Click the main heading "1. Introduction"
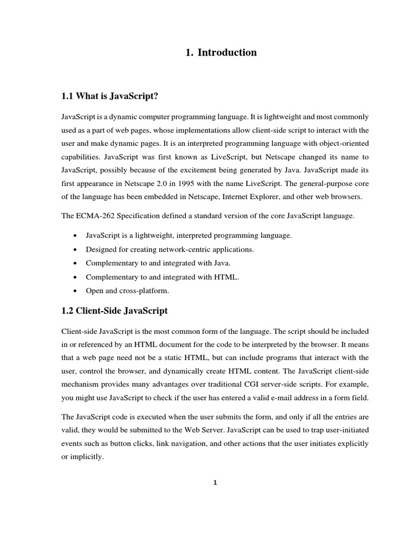[x=221, y=52]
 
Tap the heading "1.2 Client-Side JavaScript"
[x=115, y=311]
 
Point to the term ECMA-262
[x=97, y=217]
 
